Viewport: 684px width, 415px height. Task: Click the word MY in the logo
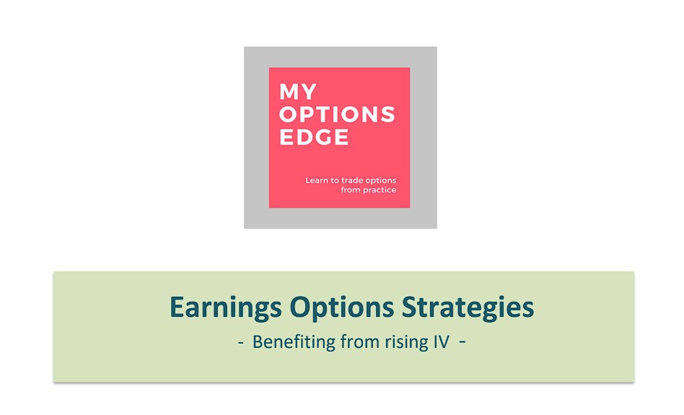pyautogui.click(x=298, y=92)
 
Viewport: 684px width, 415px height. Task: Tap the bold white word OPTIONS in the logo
pyautogui.click(x=337, y=115)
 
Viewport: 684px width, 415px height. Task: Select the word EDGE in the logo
pyautogui.click(x=314, y=137)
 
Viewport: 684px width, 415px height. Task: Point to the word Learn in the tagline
pyautogui.click(x=317, y=180)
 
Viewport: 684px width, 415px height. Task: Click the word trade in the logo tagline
pyautogui.click(x=353, y=180)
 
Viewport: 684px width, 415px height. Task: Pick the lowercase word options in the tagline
pyautogui.click(x=382, y=180)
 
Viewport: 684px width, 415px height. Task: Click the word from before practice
pyautogui.click(x=351, y=191)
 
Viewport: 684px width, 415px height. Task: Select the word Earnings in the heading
pyautogui.click(x=226, y=307)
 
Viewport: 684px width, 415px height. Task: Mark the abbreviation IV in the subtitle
pyautogui.click(x=441, y=341)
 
